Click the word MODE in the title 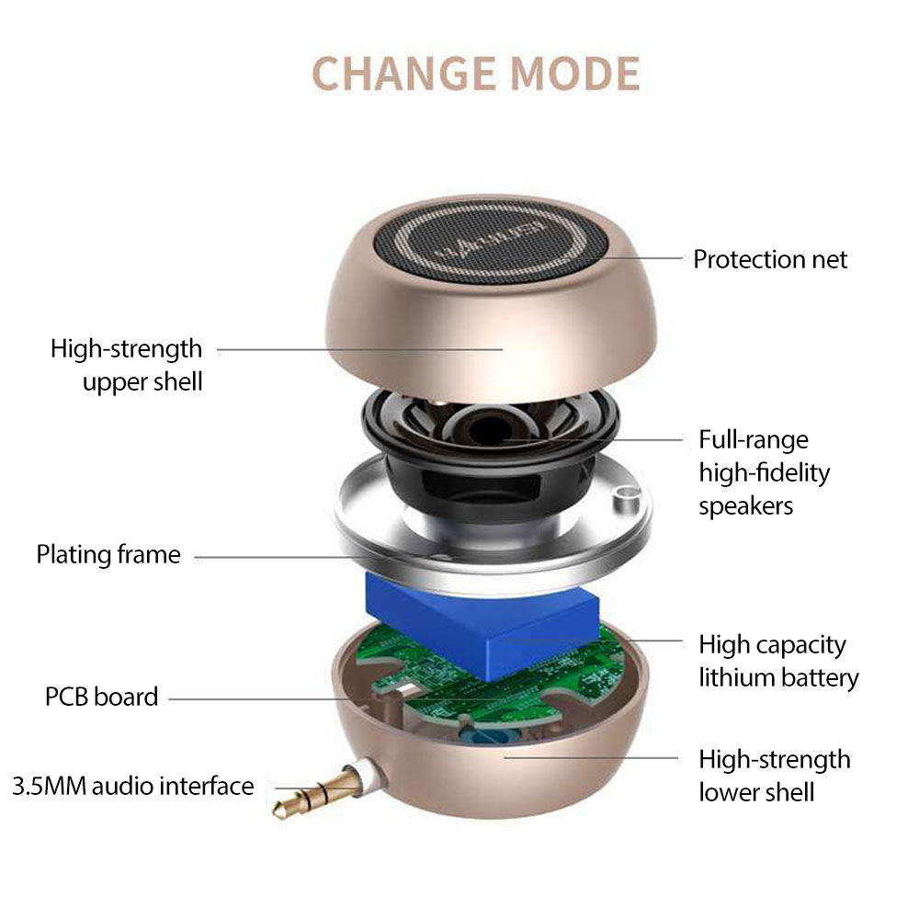tap(575, 74)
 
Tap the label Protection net tap(769, 259)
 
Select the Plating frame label tap(108, 554)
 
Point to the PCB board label tap(101, 697)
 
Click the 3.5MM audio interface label tap(133, 786)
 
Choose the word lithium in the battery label tap(736, 677)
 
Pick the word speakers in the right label tap(745, 506)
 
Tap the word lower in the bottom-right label tap(731, 792)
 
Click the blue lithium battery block tap(482, 625)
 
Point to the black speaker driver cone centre tap(491, 431)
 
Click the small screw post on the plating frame tap(624, 498)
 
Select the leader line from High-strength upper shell tap(360, 350)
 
